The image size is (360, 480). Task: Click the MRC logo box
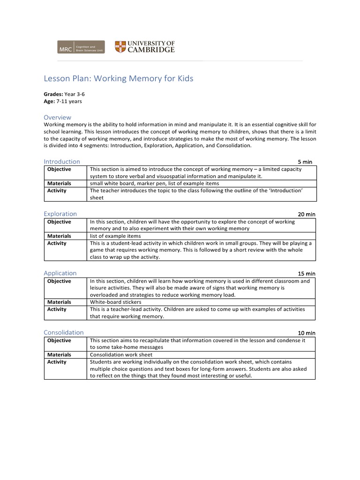click(65, 47)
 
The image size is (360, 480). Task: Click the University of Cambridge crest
click(120, 47)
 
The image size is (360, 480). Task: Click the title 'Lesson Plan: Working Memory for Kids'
click(118, 78)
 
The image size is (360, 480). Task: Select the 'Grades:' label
click(53, 94)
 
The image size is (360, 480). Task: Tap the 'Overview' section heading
click(57, 117)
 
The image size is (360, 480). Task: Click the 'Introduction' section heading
click(62, 162)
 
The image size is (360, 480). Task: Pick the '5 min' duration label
click(305, 162)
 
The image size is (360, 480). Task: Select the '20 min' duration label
click(307, 214)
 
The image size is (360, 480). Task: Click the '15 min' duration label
click(307, 273)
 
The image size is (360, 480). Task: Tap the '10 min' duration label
click(307, 333)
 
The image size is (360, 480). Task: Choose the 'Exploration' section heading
click(60, 214)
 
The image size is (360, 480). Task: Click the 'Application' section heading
click(60, 273)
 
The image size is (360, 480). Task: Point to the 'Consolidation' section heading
click(64, 332)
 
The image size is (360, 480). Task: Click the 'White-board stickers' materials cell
click(115, 302)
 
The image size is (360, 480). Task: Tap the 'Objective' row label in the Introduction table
click(59, 169)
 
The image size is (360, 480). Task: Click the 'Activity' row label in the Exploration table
click(57, 243)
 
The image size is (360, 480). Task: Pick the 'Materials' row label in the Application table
click(59, 302)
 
